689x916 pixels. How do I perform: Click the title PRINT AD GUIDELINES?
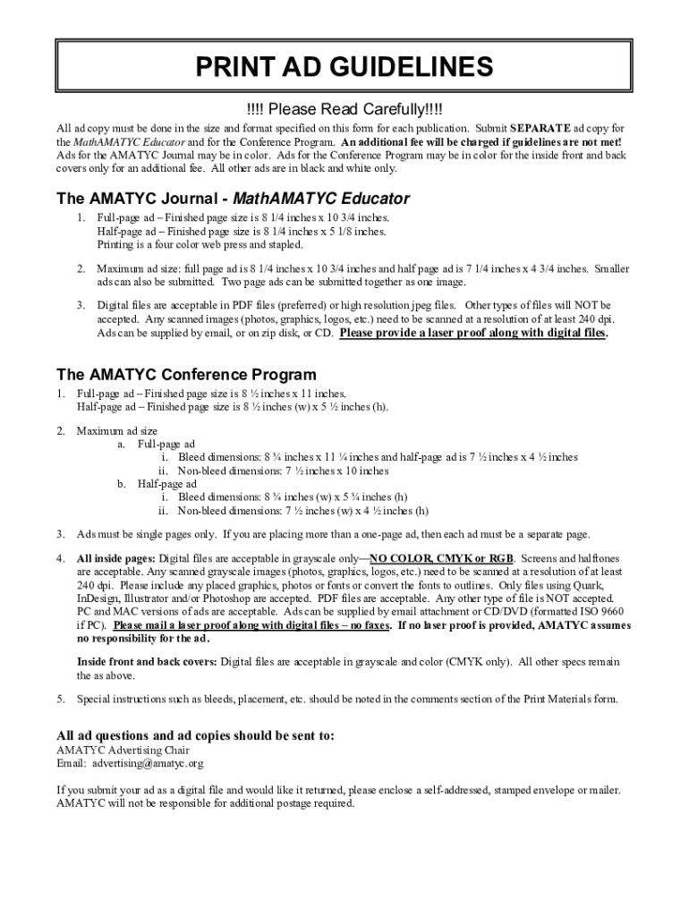coord(344,67)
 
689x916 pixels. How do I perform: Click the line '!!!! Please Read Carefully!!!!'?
coord(344,110)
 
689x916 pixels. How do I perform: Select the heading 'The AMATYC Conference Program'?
coord(186,374)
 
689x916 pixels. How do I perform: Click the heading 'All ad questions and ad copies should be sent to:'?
coord(196,735)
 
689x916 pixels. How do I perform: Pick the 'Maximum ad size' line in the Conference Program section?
coord(116,430)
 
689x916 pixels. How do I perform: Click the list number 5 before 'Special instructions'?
coord(61,699)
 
